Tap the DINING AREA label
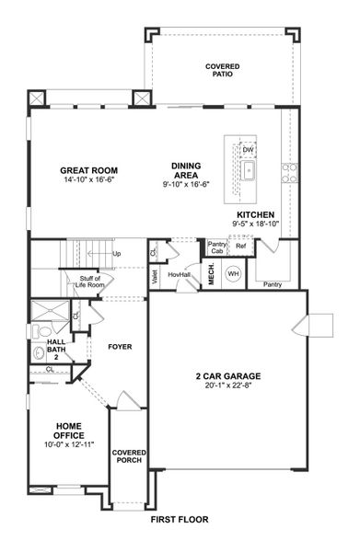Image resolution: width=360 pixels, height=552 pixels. click(x=185, y=167)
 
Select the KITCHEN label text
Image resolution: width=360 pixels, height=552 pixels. click(x=254, y=213)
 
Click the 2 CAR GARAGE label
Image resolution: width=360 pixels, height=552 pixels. click(x=227, y=375)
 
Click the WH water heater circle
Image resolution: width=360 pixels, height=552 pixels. click(x=233, y=273)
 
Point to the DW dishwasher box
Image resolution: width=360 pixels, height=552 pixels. click(x=248, y=148)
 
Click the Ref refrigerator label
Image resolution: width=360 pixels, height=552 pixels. click(x=241, y=247)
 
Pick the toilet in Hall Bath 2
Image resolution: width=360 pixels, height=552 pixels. click(x=39, y=351)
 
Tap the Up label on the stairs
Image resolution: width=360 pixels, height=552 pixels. click(x=116, y=254)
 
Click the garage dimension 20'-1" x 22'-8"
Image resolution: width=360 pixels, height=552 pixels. click(x=227, y=385)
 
